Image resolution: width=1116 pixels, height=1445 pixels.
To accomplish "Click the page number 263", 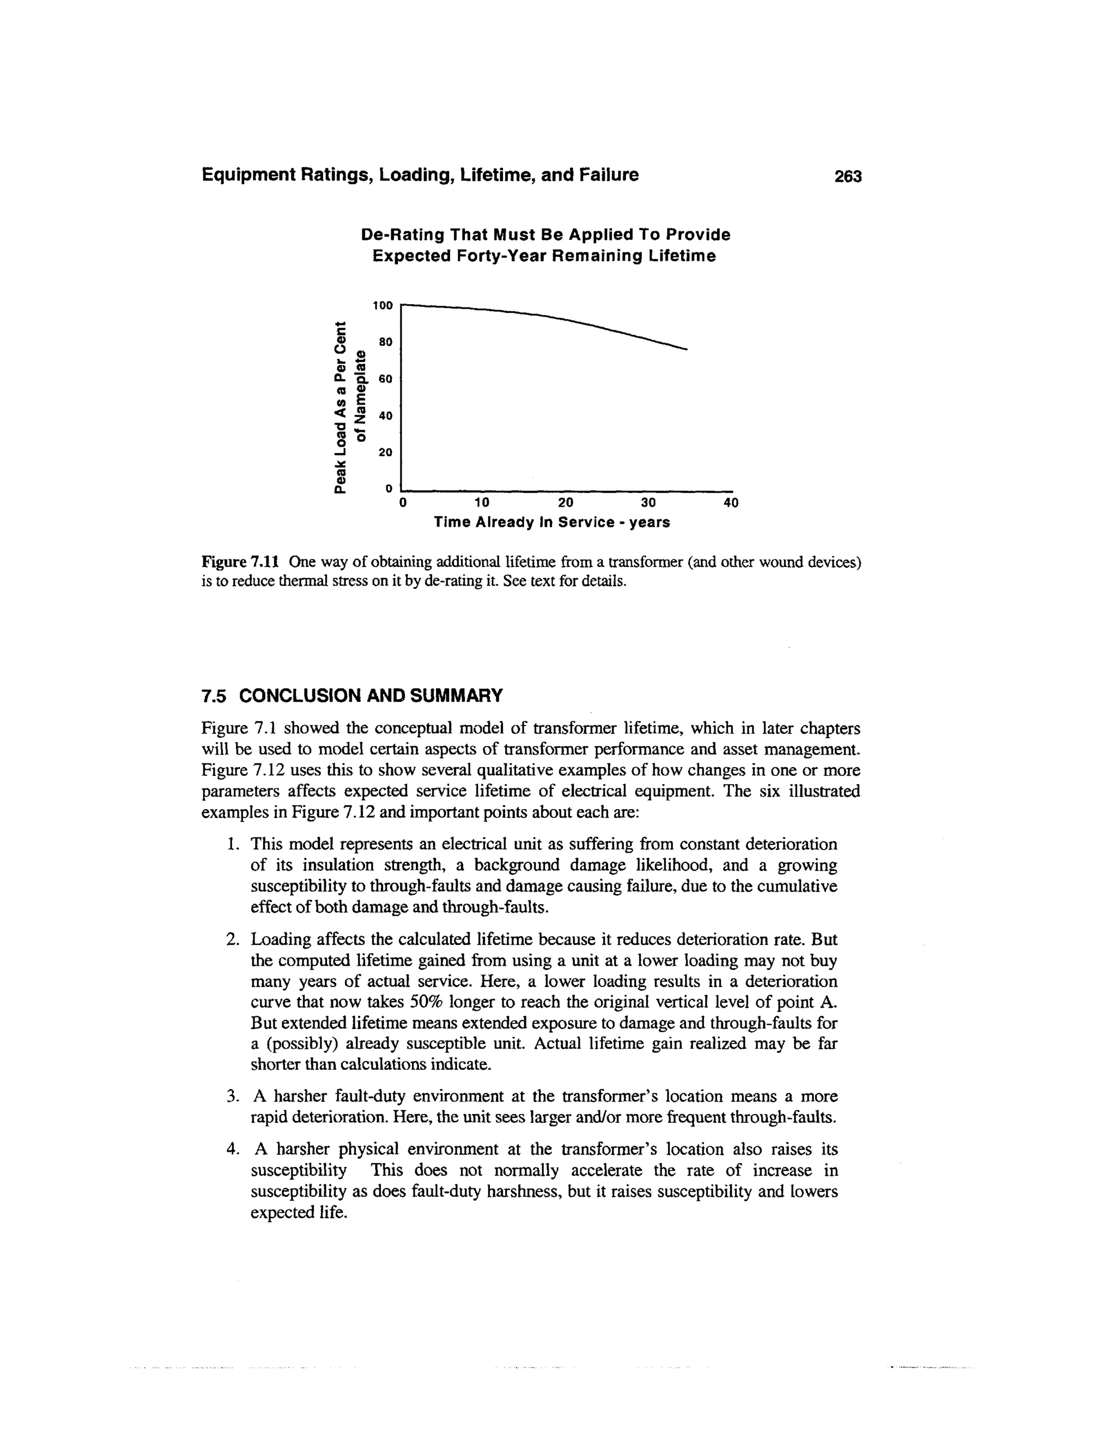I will coord(848,176).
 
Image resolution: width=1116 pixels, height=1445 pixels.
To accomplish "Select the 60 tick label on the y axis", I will coord(385,378).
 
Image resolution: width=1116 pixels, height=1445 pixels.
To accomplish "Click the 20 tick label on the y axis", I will coord(385,452).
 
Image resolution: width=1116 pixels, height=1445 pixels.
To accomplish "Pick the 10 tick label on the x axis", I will coord(481,502).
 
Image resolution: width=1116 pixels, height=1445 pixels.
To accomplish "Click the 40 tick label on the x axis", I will coord(731,502).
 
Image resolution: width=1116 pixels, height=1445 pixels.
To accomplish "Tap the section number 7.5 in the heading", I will coord(214,696).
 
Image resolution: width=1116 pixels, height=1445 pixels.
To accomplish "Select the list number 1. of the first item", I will coord(232,844).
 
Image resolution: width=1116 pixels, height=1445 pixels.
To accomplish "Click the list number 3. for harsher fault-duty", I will coord(232,1097).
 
